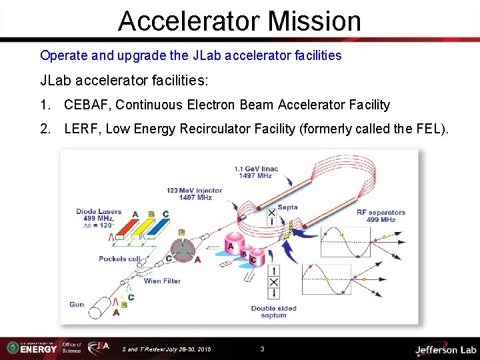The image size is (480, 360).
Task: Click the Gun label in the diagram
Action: click(x=77, y=305)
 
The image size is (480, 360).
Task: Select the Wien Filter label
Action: click(x=162, y=281)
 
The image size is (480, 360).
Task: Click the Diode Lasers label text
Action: click(x=99, y=212)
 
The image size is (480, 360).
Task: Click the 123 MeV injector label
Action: click(x=194, y=194)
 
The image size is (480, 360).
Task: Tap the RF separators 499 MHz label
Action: click(x=381, y=216)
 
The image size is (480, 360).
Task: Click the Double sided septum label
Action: click(x=273, y=312)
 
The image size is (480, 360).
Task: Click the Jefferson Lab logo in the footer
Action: click(x=445, y=349)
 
